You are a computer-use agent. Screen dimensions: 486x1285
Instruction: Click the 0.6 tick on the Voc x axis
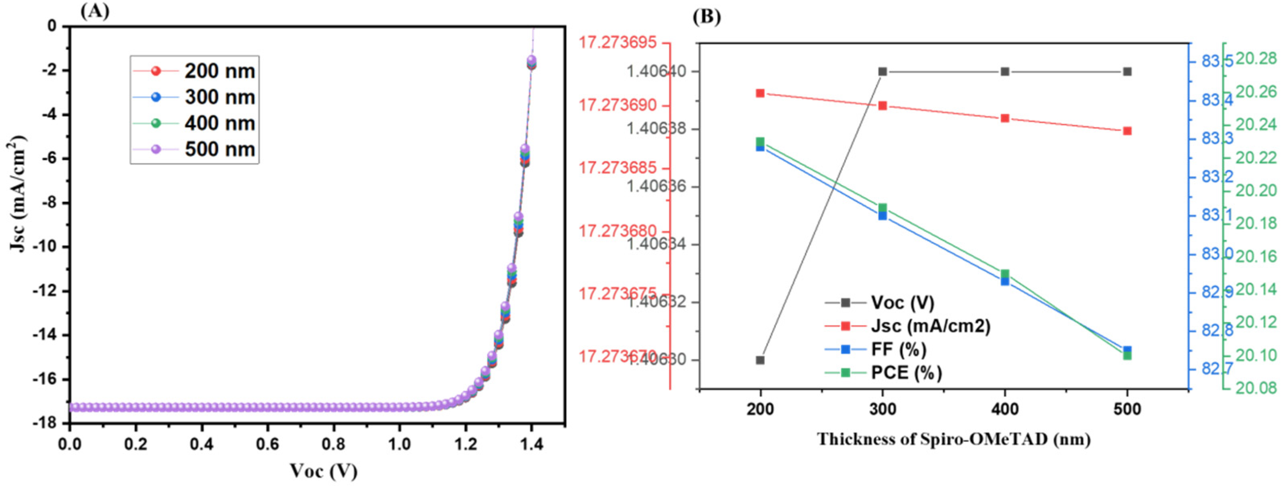[x=267, y=444]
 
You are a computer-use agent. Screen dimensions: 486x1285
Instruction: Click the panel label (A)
[x=95, y=11]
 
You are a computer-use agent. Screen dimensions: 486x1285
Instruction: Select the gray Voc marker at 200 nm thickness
[x=760, y=360]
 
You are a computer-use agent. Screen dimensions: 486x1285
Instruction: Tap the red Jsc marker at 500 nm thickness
[x=1127, y=131]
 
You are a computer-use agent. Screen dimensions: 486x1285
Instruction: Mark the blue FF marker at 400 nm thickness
[x=1005, y=281]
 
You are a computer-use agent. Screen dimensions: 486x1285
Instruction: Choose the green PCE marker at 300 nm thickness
[x=883, y=208]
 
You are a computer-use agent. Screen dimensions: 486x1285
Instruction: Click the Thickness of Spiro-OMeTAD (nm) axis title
[x=953, y=439]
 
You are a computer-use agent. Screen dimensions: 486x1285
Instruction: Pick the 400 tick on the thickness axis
[x=1005, y=410]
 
